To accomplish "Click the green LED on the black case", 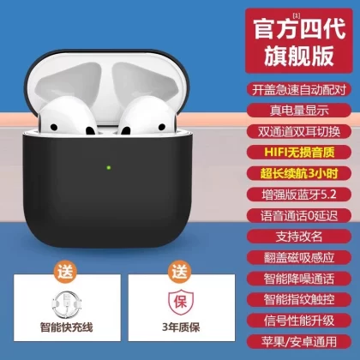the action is tap(109, 168).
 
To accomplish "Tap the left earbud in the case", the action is tap(68, 116).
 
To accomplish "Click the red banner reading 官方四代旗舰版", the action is tap(299, 41).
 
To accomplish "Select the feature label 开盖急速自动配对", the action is tap(299, 89).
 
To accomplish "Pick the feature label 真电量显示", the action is tap(299, 111).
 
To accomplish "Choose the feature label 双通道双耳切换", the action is tap(299, 131).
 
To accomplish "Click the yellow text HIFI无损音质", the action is tap(299, 153).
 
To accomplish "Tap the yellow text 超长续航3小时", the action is tap(299, 173).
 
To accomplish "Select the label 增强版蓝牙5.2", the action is tap(299, 195).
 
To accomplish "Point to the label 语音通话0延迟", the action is tap(299, 216).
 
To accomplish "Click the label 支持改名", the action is tap(299, 237).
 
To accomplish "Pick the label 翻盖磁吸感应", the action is tap(299, 258).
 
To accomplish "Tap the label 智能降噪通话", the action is tap(299, 279).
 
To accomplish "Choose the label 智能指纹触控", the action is tap(299, 300).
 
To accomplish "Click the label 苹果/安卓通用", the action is tap(299, 342).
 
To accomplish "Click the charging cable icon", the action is tap(67, 304).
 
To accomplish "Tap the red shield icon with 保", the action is tap(181, 302).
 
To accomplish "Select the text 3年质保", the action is tap(181, 327).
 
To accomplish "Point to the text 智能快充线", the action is tap(67, 327).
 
